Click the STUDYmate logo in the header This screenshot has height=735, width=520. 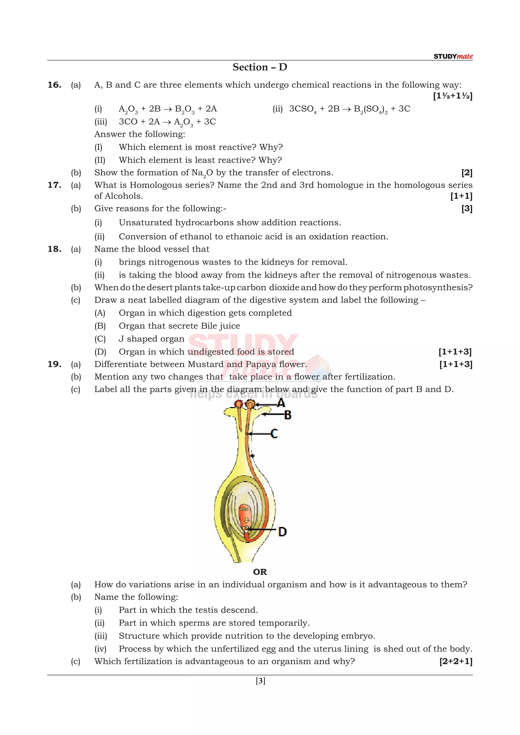[x=453, y=56]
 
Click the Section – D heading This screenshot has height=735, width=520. [x=260, y=67]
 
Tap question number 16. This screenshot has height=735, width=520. [x=54, y=85]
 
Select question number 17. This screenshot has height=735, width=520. [x=54, y=185]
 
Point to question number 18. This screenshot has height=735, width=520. [x=54, y=249]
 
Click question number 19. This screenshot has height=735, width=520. [x=54, y=364]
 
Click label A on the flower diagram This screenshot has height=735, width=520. [x=281, y=403]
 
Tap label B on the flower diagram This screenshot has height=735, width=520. [x=287, y=415]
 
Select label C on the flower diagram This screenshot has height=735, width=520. [x=274, y=434]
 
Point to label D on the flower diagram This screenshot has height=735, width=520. [x=282, y=532]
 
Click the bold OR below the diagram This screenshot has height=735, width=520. [x=260, y=572]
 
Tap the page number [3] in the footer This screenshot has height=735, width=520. [x=260, y=681]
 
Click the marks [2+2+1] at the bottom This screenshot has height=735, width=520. [x=456, y=661]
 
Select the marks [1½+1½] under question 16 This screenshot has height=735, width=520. [x=452, y=96]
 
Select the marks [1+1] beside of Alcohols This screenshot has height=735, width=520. [x=461, y=196]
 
